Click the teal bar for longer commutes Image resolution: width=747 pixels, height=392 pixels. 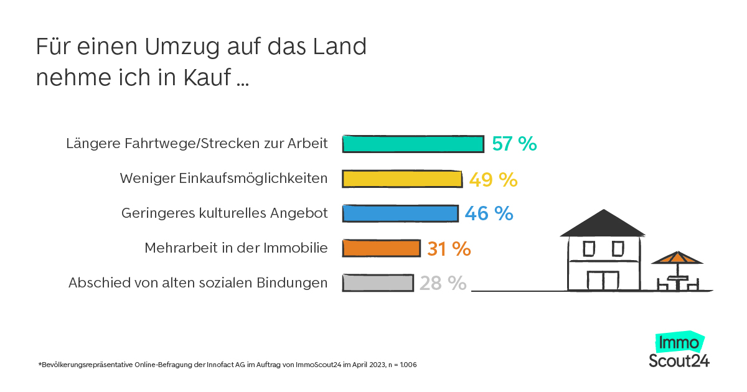tap(413, 144)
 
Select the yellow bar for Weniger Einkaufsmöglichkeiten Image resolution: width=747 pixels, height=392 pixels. tap(402, 179)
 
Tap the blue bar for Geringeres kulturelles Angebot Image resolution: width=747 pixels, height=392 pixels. tap(400, 213)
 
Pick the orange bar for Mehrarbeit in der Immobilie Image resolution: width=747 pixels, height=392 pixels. tap(382, 248)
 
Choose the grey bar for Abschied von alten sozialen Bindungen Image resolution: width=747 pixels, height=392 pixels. tap(378, 283)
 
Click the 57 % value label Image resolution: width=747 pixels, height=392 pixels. tap(514, 144)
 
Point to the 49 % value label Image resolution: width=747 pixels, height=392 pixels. tap(493, 180)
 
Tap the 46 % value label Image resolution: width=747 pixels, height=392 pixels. tap(489, 213)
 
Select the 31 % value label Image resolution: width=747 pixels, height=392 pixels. tap(449, 249)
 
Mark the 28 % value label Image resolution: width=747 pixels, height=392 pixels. tap(443, 284)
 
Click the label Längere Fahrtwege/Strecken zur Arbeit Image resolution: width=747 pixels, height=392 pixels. tap(197, 144)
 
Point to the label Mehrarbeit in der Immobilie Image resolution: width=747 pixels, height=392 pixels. tap(236, 248)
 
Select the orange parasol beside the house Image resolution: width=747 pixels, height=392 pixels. tap(677, 258)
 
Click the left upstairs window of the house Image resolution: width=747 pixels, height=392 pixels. tap(588, 250)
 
